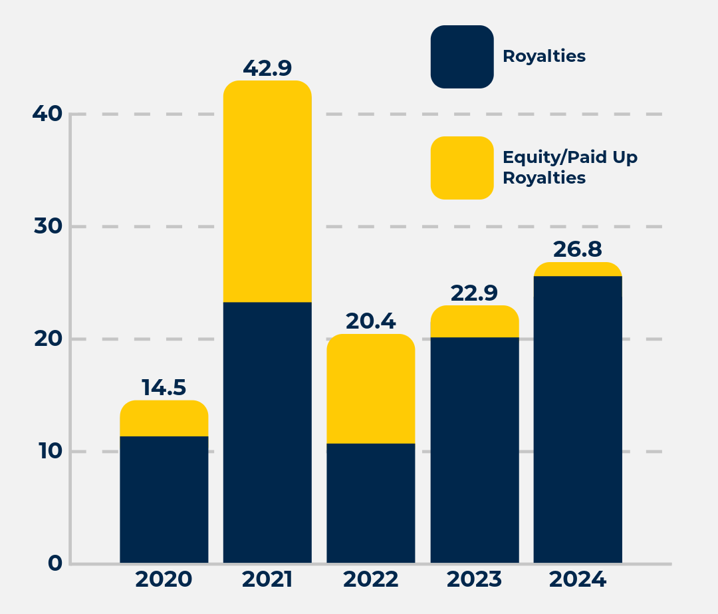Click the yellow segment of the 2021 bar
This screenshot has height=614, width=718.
point(267,192)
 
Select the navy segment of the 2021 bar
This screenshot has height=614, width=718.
point(267,432)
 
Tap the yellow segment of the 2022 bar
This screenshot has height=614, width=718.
point(371,388)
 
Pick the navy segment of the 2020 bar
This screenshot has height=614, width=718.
point(164,499)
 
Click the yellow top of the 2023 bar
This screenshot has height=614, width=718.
point(475,321)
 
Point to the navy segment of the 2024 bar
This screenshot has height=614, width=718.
point(578,419)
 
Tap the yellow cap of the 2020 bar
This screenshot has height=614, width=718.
point(164,418)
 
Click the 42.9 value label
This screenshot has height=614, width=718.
point(267,68)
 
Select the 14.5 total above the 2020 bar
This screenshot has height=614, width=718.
point(164,387)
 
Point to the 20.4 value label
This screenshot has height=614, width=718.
point(371,321)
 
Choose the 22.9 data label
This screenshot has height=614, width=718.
point(475,293)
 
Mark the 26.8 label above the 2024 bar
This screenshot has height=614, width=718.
point(578,249)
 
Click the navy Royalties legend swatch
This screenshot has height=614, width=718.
point(462,57)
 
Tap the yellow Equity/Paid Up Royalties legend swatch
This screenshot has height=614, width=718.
point(462,168)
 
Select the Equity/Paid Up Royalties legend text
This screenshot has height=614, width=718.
point(570,168)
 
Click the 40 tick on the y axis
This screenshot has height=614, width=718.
point(47,114)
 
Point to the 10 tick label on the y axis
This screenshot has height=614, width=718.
point(47,451)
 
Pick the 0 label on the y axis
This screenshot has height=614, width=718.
point(55,563)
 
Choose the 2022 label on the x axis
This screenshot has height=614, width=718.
point(371,579)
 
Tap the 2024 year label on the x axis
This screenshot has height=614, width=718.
point(578,579)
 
